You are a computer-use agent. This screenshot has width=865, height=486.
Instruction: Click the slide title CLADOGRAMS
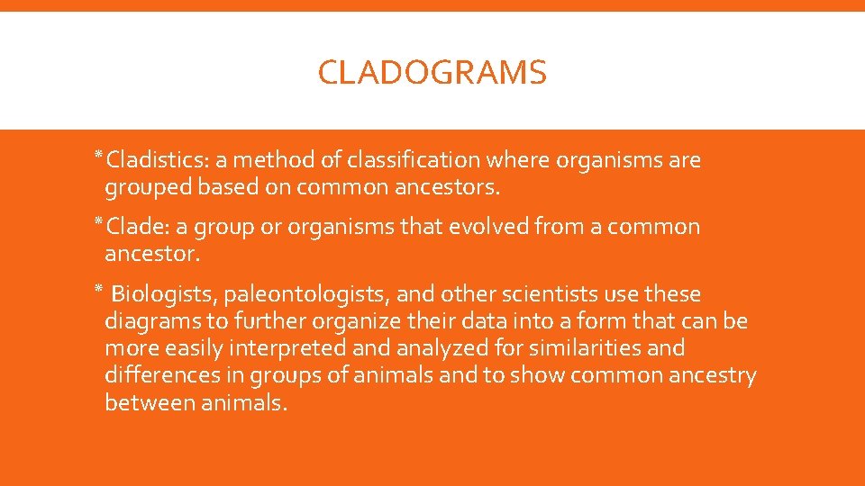pyautogui.click(x=432, y=73)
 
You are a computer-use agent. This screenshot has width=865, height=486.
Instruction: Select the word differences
pyautogui.click(x=160, y=376)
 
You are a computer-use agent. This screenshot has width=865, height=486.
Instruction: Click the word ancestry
pyautogui.click(x=712, y=376)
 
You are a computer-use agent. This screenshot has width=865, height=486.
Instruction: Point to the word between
pyautogui.click(x=147, y=403)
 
